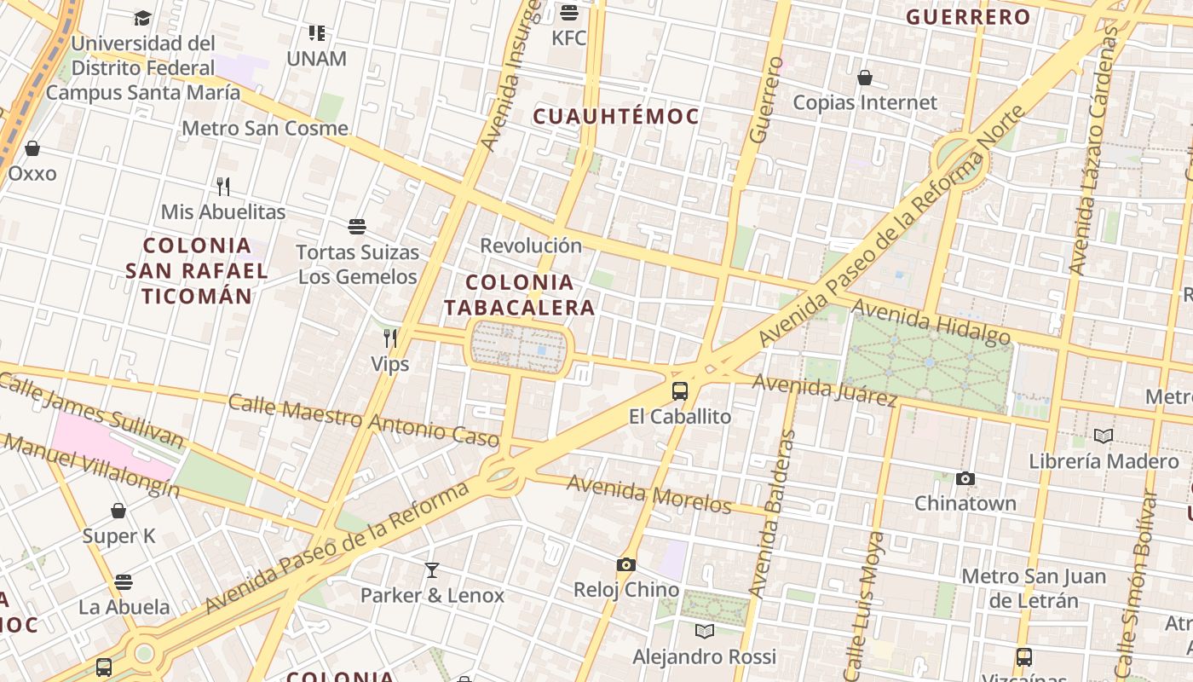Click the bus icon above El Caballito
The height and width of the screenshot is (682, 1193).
(x=679, y=391)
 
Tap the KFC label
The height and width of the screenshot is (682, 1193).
(x=568, y=38)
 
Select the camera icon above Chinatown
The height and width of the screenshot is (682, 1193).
(x=965, y=478)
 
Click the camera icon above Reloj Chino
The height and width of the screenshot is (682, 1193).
(x=626, y=564)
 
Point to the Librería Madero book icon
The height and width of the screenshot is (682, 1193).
(x=1104, y=436)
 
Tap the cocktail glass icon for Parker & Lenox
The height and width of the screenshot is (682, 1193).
(x=432, y=569)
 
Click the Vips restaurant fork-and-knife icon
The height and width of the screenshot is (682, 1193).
(x=390, y=338)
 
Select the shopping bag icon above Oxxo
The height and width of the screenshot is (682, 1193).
(x=32, y=148)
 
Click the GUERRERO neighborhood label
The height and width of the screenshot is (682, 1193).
(x=968, y=16)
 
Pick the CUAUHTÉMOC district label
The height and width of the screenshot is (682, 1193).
(x=616, y=117)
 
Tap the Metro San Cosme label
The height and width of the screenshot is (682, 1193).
(x=265, y=129)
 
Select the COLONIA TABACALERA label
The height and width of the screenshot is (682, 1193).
(x=519, y=294)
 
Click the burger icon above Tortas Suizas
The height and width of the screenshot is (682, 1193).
(x=357, y=227)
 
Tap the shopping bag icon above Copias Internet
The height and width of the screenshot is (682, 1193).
(x=865, y=78)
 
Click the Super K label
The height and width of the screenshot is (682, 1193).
(x=118, y=536)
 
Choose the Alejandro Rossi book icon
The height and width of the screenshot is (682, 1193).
(x=705, y=631)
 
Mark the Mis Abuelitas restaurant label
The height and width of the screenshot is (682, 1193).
(x=223, y=211)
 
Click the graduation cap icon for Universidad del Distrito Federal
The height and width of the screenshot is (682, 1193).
(x=143, y=18)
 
